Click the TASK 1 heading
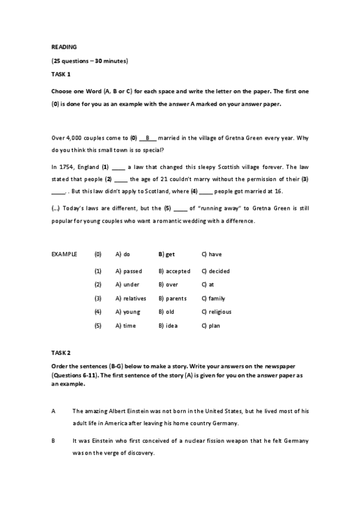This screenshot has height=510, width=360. click(61, 74)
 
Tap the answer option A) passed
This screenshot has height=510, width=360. click(129, 271)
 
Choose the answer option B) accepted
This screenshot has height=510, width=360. click(174, 271)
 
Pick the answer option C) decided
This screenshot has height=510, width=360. click(215, 271)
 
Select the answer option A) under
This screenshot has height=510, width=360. click(127, 284)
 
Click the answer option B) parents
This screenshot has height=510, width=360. click(172, 298)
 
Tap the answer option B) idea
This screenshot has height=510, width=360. click(168, 325)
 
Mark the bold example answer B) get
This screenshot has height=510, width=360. click(166, 254)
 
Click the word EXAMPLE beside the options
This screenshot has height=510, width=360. click(64, 254)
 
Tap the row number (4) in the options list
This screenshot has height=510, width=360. click(98, 312)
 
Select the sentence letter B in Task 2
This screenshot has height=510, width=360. click(53, 441)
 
